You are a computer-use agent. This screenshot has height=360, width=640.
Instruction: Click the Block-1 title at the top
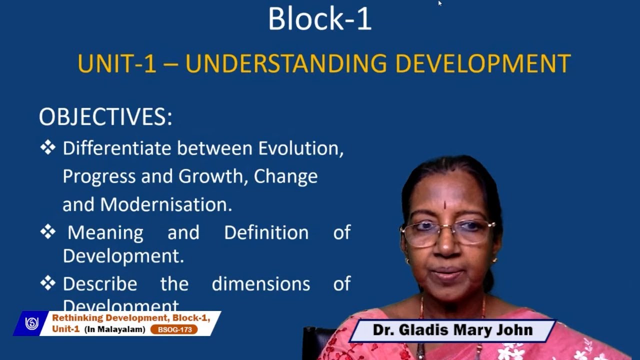pos(319,19)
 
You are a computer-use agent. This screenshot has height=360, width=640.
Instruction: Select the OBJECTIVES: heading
pos(105,117)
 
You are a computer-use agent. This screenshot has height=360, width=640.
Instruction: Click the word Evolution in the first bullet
pos(300,148)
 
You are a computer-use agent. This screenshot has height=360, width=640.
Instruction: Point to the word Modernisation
pos(165,204)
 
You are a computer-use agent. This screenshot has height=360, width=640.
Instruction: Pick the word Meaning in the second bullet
pos(105,232)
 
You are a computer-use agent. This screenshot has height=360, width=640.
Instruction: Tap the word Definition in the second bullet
pos(266,232)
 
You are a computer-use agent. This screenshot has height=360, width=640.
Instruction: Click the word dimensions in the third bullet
pos(260,284)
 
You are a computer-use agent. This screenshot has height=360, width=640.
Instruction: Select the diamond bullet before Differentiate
pos(48,147)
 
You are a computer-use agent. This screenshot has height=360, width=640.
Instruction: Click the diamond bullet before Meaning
pos(48,232)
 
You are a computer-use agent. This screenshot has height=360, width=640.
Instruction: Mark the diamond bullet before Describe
pos(48,283)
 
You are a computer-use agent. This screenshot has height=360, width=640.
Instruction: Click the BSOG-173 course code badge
pos(174,329)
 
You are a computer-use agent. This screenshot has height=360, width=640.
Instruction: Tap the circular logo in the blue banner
pos(32,323)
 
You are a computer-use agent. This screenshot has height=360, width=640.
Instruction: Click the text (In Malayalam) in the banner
pos(114,329)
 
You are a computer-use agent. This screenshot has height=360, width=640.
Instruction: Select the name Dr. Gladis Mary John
pos(452,330)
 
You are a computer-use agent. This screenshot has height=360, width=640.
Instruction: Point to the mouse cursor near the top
pos(439,3)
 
